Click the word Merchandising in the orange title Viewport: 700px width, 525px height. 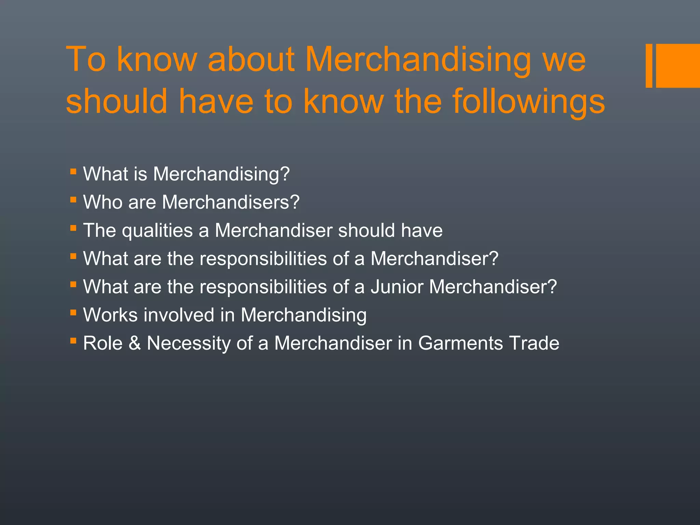click(x=418, y=61)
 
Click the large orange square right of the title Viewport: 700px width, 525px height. click(x=678, y=66)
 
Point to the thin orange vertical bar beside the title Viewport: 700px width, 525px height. click(x=649, y=66)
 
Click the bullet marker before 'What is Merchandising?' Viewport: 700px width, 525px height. click(x=73, y=171)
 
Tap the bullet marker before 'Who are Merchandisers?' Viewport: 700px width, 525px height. click(x=73, y=199)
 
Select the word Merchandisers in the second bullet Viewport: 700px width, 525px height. click(x=226, y=202)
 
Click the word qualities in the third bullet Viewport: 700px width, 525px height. click(x=157, y=230)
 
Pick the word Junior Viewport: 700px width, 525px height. click(x=397, y=287)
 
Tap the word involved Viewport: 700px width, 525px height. click(x=179, y=315)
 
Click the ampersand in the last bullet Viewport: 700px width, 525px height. click(x=135, y=343)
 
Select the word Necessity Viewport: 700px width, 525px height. click(x=188, y=344)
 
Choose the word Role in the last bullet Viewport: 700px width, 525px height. click(x=103, y=343)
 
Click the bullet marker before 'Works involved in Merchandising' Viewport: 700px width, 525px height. click(x=73, y=312)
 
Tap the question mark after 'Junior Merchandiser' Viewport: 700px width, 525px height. click(x=552, y=287)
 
